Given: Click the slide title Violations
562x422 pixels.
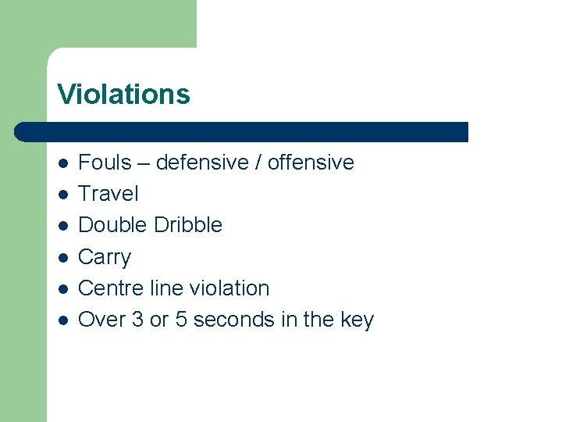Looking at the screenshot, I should tap(123, 95).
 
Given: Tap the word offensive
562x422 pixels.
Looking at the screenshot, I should tap(311, 163).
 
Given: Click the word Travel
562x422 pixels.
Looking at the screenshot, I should tap(108, 194).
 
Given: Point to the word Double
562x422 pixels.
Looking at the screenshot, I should tap(112, 225).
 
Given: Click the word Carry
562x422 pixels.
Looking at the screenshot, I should tap(105, 257).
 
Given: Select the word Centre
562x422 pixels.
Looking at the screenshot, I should tap(112, 288).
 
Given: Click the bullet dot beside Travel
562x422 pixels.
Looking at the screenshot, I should tap(63, 195).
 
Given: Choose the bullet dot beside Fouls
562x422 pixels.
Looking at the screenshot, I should tap(63, 163).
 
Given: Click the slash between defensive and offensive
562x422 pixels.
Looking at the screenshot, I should tap(260, 163).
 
